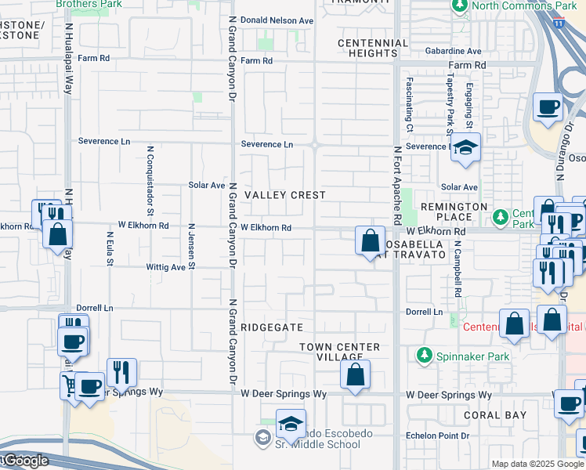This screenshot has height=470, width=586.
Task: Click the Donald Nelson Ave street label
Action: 277,20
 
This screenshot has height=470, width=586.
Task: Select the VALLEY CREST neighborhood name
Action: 273,194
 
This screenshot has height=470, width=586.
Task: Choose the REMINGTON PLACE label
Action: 454,212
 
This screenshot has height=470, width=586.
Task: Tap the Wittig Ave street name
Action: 165,267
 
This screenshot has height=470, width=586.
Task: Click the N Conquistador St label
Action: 149,179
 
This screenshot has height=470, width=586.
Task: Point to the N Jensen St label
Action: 191,246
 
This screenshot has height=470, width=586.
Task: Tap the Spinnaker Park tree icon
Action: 425,356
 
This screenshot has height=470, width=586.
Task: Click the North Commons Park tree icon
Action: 459,6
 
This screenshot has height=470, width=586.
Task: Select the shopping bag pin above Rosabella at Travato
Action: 370,240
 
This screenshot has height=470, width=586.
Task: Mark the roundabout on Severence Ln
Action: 313,144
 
